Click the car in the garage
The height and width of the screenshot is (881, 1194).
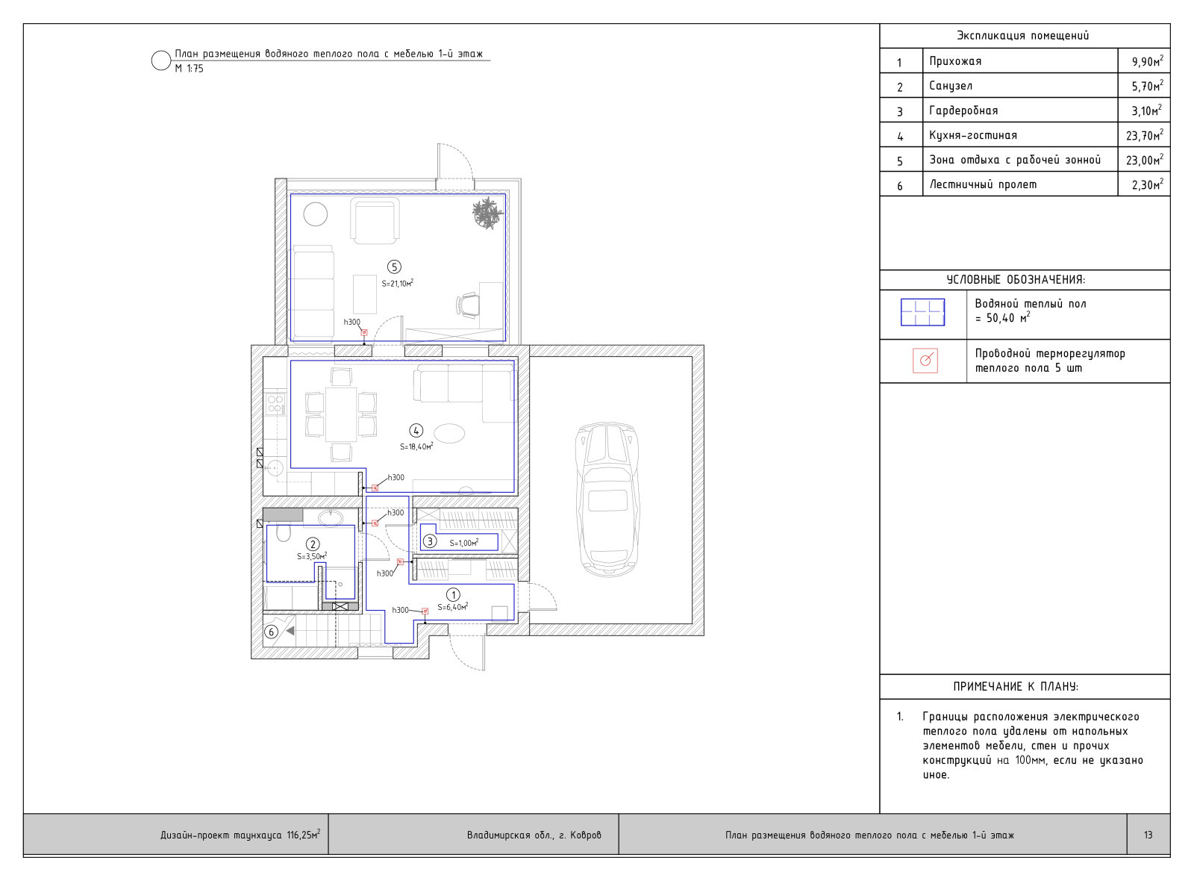[607, 499]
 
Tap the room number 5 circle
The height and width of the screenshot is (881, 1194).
[394, 267]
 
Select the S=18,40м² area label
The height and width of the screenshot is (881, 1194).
[416, 446]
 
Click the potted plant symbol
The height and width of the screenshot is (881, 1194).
[488, 213]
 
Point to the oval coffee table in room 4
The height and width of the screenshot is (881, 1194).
[450, 433]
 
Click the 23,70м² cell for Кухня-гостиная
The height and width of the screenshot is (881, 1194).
[1145, 135]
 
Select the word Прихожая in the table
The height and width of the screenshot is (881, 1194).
[955, 61]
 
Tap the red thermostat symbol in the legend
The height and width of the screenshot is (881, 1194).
[925, 361]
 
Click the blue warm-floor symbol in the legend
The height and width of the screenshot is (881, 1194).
[922, 313]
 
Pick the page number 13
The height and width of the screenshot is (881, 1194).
[1148, 835]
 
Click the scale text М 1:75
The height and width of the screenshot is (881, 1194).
[190, 69]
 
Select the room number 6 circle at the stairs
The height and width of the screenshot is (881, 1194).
[272, 632]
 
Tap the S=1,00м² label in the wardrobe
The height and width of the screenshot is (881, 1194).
[463, 543]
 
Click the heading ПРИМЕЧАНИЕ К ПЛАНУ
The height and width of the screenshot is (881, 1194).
[1016, 687]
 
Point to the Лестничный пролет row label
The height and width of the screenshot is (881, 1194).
[984, 185]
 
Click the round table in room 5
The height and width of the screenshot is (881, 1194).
[316, 214]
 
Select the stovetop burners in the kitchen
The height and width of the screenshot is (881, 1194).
[275, 404]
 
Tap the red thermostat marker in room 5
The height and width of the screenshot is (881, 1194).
[365, 332]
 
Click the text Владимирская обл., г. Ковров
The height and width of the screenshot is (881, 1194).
[534, 835]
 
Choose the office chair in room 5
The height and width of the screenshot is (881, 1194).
[467, 305]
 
